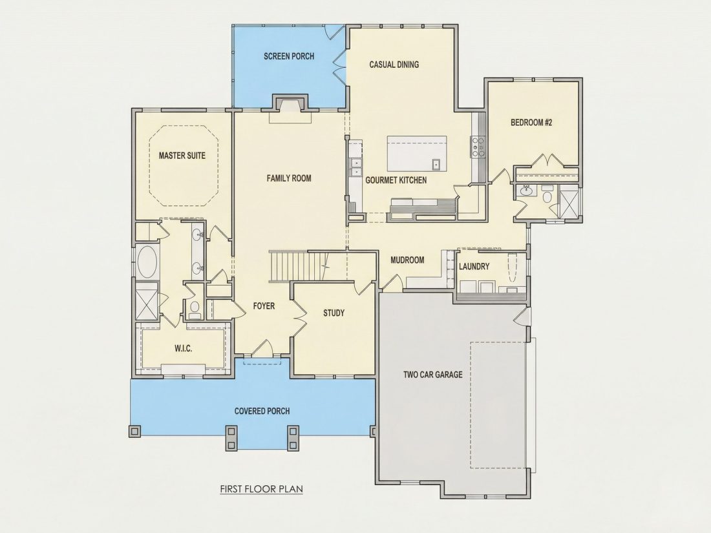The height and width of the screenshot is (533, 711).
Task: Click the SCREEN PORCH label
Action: click(289, 56)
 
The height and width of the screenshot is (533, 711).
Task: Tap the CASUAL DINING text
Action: click(394, 65)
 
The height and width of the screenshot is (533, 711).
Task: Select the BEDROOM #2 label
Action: click(531, 122)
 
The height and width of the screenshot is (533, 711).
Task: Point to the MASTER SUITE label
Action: click(182, 156)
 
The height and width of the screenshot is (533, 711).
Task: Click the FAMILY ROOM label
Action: click(289, 178)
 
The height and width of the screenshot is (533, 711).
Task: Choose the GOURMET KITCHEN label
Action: click(396, 180)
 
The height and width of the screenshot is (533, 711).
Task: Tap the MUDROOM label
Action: click(407, 260)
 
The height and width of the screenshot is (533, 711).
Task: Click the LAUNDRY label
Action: click(474, 266)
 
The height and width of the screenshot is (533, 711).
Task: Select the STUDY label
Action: click(334, 313)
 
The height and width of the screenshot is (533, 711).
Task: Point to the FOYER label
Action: click(264, 306)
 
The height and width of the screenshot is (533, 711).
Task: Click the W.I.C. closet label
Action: click(183, 348)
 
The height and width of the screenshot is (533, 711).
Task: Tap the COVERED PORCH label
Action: click(262, 411)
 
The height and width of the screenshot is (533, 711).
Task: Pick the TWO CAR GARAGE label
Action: click(433, 374)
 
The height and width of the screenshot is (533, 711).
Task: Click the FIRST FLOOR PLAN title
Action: click(262, 489)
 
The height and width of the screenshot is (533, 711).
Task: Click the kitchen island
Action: click(417, 153)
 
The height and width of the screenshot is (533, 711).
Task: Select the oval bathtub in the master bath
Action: click(147, 262)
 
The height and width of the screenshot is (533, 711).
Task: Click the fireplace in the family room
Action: click(290, 105)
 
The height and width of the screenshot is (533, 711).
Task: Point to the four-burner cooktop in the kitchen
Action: click(478, 147)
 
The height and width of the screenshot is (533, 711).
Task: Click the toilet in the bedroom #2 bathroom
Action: click(547, 196)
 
